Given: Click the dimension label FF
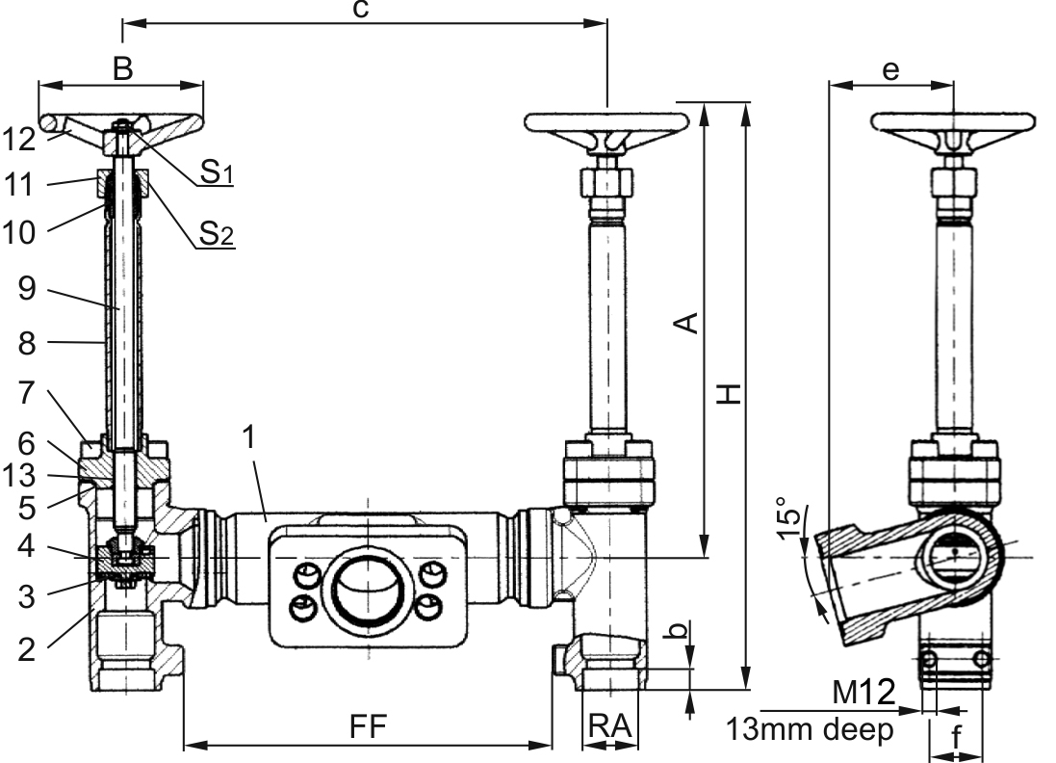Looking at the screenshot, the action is click(368, 726).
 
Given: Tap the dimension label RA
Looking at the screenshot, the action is click(610, 726).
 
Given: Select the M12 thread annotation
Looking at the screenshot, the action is click(864, 693).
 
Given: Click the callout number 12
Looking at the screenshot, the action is click(19, 140).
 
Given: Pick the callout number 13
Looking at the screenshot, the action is click(19, 476).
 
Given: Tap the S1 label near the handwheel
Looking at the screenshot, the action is click(216, 171).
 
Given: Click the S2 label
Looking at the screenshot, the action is click(216, 233).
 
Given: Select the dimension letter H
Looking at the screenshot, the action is click(728, 394).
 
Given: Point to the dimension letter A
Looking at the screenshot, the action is click(687, 323).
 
